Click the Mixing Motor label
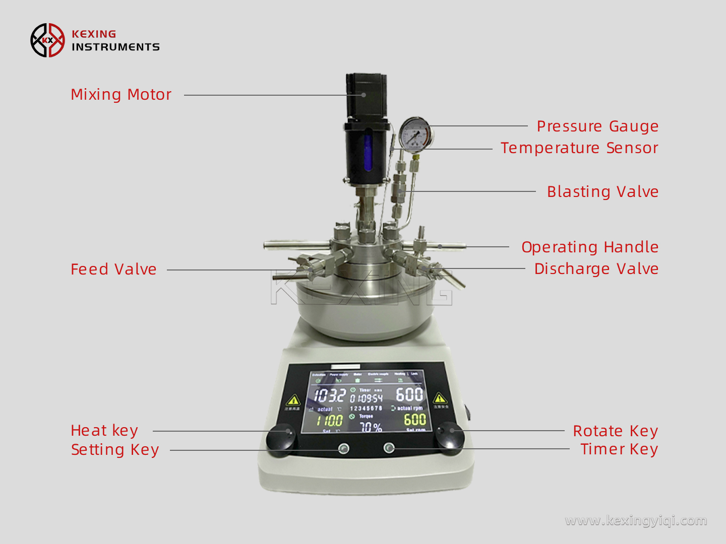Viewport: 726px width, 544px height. click(121, 95)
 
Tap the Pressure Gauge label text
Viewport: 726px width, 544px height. click(597, 126)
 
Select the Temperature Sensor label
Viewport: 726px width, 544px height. click(579, 148)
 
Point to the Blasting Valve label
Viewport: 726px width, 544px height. click(602, 192)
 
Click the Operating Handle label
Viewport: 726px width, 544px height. click(590, 247)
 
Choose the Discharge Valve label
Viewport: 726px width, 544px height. click(596, 269)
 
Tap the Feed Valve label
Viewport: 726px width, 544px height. click(113, 269)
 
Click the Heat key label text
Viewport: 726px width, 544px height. click(104, 431)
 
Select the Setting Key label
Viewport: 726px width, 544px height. click(115, 449)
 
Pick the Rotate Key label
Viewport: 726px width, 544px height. click(615, 431)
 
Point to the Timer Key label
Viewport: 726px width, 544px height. click(619, 449)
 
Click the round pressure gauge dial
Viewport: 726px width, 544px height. click(415, 134)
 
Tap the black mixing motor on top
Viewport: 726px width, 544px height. click(367, 96)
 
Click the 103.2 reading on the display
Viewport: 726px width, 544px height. click(329, 395)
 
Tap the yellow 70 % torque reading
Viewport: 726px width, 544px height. click(371, 427)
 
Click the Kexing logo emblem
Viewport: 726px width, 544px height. click(48, 40)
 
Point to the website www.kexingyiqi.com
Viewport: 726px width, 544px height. click(636, 520)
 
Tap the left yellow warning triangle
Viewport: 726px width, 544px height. click(293, 401)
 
